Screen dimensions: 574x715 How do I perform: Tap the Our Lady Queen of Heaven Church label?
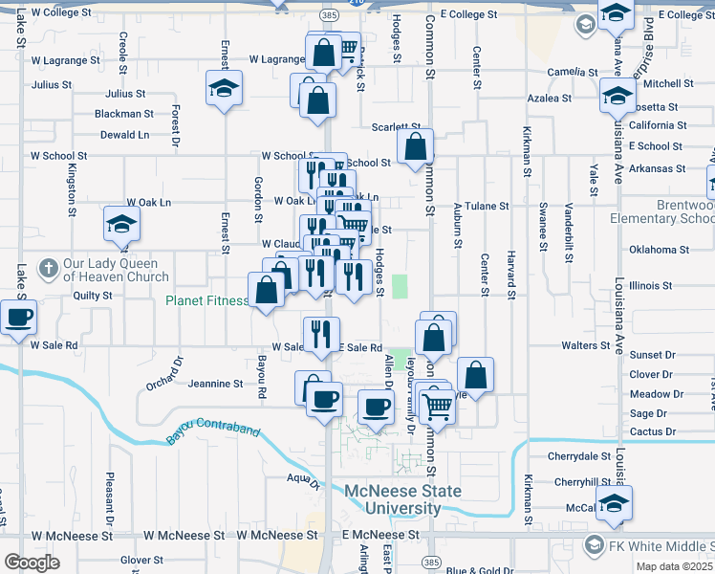pos(118,272)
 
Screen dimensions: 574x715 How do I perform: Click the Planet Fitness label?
pos(206,300)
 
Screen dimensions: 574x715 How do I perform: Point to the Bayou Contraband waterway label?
pos(213,432)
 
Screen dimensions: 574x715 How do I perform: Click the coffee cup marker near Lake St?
pos(18,317)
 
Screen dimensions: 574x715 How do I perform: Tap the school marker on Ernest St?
pos(224,89)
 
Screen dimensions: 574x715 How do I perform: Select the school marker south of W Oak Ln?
pos(122,226)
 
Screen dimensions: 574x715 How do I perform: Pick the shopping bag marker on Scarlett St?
pos(415,146)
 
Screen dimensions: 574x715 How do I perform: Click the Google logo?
pos(32,563)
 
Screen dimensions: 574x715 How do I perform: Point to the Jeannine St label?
pos(215,384)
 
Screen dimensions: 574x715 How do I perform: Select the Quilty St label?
pos(94,296)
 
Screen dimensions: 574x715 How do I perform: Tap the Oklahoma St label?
pos(659,251)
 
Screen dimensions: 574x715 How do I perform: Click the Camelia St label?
pos(572,72)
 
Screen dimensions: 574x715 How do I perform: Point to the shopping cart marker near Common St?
pos(438,406)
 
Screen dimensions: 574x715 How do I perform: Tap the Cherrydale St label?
pos(582,457)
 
